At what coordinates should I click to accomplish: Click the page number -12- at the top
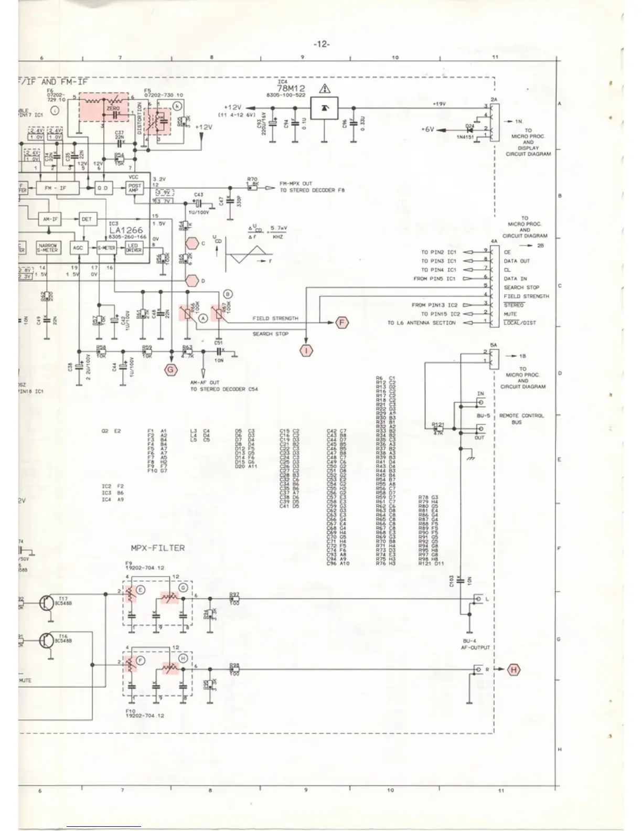pyautogui.click(x=321, y=45)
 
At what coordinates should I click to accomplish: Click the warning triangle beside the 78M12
pyautogui.click(x=325, y=89)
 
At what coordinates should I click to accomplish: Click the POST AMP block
pyautogui.click(x=134, y=188)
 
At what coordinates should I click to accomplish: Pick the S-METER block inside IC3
pyautogui.click(x=106, y=248)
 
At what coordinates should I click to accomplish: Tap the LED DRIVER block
pyautogui.click(x=133, y=248)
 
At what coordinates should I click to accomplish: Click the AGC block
pyautogui.click(x=78, y=248)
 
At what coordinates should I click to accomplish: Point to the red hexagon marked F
pyautogui.click(x=342, y=322)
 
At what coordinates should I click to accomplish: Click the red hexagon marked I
pyautogui.click(x=306, y=350)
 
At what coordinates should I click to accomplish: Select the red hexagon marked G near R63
pyautogui.click(x=171, y=370)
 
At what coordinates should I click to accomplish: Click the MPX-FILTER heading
pyautogui.click(x=157, y=548)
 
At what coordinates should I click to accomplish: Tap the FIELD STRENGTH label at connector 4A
pyautogui.click(x=526, y=296)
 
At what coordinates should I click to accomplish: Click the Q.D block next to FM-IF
pyautogui.click(x=103, y=188)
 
